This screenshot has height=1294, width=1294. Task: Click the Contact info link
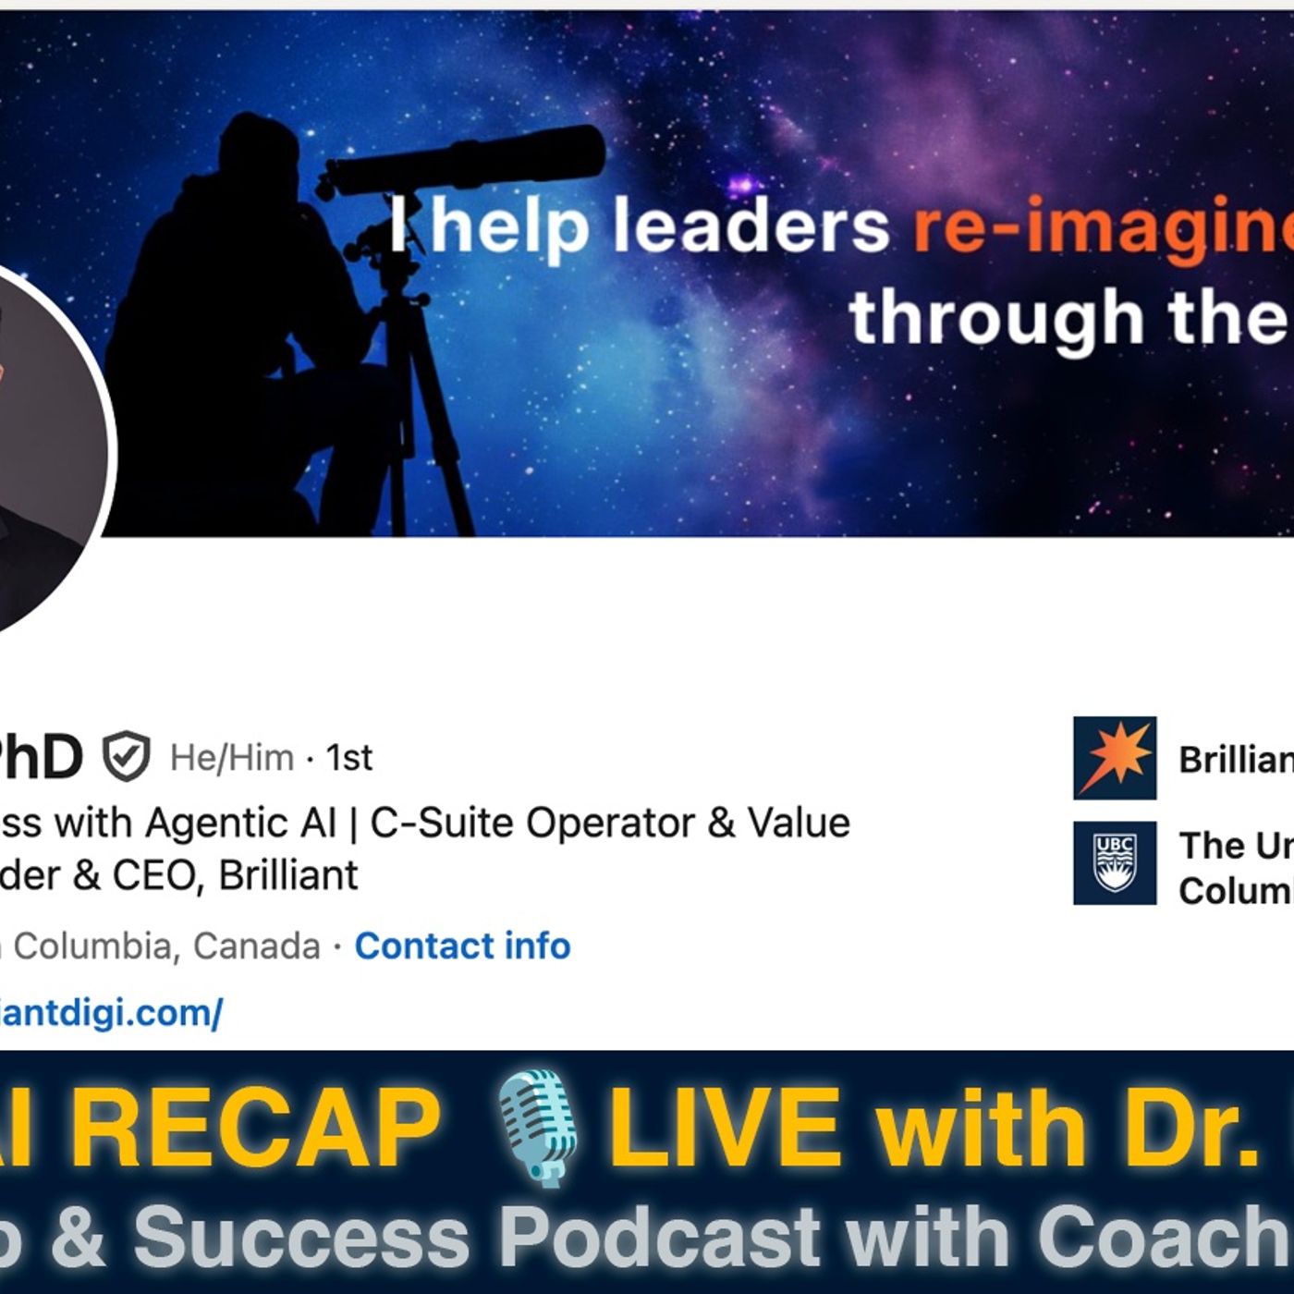[462, 946]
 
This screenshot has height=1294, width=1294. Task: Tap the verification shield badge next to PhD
[126, 757]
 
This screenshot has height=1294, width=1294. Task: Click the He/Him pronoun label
[232, 758]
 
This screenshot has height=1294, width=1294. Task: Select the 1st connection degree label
[348, 758]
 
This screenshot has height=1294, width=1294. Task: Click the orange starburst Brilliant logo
[1114, 758]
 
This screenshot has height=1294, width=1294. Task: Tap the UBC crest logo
[1114, 863]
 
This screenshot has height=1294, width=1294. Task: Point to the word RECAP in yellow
[254, 1128]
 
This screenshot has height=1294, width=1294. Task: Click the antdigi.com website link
[111, 1013]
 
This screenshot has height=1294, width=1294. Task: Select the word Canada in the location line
[257, 946]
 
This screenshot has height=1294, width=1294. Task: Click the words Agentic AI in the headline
[240, 823]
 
